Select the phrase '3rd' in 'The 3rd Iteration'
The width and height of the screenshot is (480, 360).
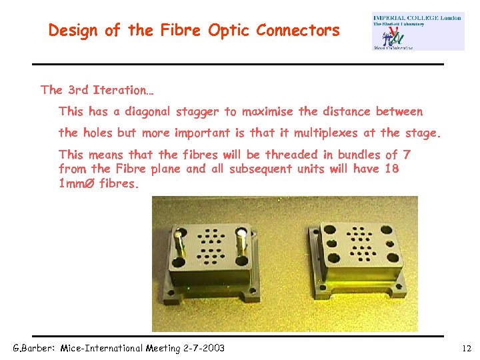(x=77, y=90)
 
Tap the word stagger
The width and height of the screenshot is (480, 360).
(x=197, y=111)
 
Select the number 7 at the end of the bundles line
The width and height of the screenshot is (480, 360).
(x=407, y=155)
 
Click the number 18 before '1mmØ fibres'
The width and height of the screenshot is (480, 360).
(x=391, y=169)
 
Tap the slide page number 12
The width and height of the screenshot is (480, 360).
(x=466, y=348)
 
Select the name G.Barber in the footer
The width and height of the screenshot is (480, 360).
(x=34, y=348)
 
